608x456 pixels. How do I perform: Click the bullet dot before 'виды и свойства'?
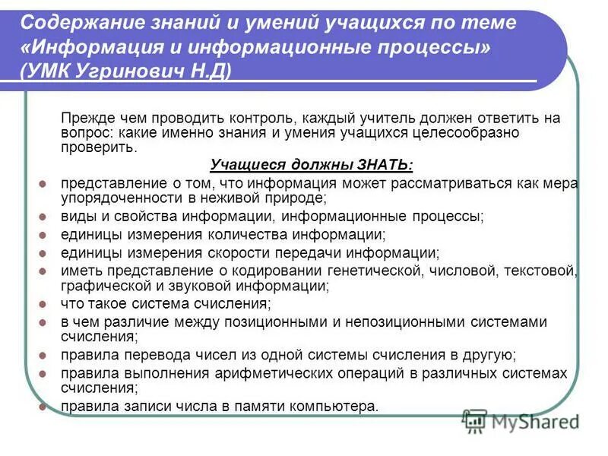(43, 217)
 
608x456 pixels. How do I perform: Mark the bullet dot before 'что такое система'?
(43, 304)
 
